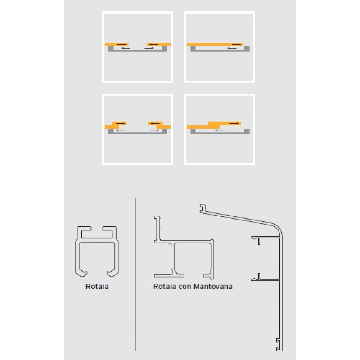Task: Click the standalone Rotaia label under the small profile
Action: click(x=97, y=286)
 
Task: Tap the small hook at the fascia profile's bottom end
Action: click(x=279, y=345)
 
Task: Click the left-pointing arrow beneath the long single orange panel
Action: click(x=232, y=48)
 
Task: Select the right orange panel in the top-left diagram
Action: click(x=158, y=44)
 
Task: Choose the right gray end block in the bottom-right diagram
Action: click(x=247, y=131)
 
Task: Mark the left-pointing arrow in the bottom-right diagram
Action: click(x=220, y=130)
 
